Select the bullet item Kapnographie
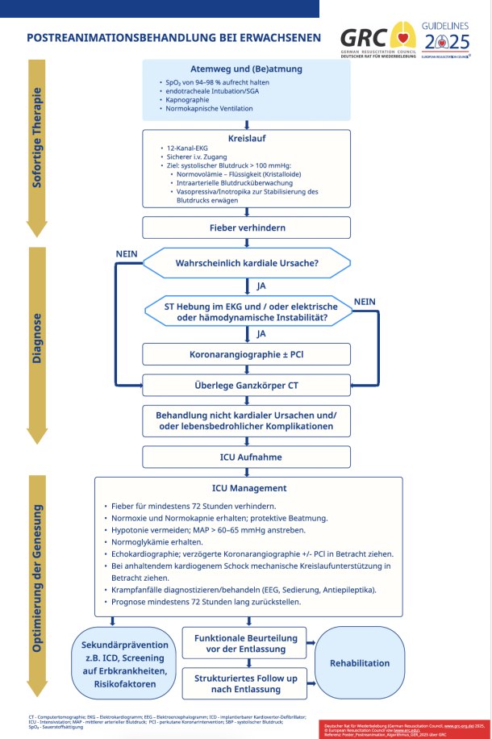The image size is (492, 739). point(188,100)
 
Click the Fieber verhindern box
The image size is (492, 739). point(248,228)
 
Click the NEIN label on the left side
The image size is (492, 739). point(127,254)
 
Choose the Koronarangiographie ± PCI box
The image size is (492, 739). point(248,353)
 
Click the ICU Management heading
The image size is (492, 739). point(248,488)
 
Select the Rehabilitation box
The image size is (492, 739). point(360,663)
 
